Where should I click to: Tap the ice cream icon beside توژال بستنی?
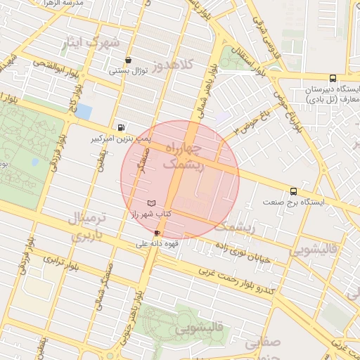pos(127,60)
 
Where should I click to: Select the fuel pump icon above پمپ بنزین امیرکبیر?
pos(122,128)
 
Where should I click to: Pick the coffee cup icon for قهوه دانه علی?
pos(156,233)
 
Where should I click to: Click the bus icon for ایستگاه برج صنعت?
pos(293,191)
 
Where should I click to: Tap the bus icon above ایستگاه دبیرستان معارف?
pos(333,79)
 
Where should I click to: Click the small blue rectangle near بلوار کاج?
pos(84,111)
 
